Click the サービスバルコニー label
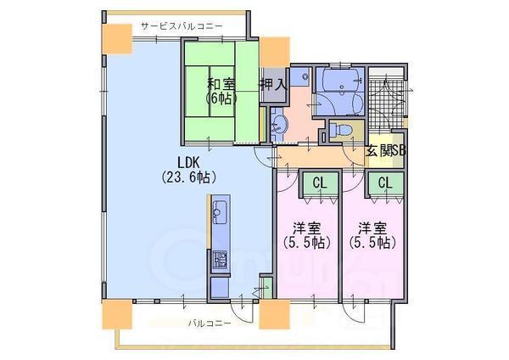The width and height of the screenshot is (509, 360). click(x=182, y=26)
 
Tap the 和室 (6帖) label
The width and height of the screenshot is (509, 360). click(x=221, y=92)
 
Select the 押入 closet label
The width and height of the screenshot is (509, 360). click(x=273, y=85)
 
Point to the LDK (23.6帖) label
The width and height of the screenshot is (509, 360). click(x=188, y=169)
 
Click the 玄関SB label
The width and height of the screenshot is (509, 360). click(x=386, y=151)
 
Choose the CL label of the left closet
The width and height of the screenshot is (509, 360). click(x=320, y=183)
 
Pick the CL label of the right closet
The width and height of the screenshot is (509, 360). click(x=385, y=183)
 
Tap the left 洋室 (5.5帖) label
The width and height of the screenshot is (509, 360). click(x=307, y=235)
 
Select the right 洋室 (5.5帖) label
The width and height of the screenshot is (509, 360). click(x=372, y=235)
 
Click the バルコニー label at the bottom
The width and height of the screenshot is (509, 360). click(x=210, y=323)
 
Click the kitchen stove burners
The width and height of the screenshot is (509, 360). click(x=220, y=260)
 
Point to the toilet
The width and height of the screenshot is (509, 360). click(x=341, y=130)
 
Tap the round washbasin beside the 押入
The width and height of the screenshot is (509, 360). click(x=279, y=126)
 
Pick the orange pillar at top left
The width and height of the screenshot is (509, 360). click(x=118, y=39)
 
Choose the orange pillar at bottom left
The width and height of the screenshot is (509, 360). click(x=117, y=314)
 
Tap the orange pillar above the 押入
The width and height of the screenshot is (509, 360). click(x=275, y=52)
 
